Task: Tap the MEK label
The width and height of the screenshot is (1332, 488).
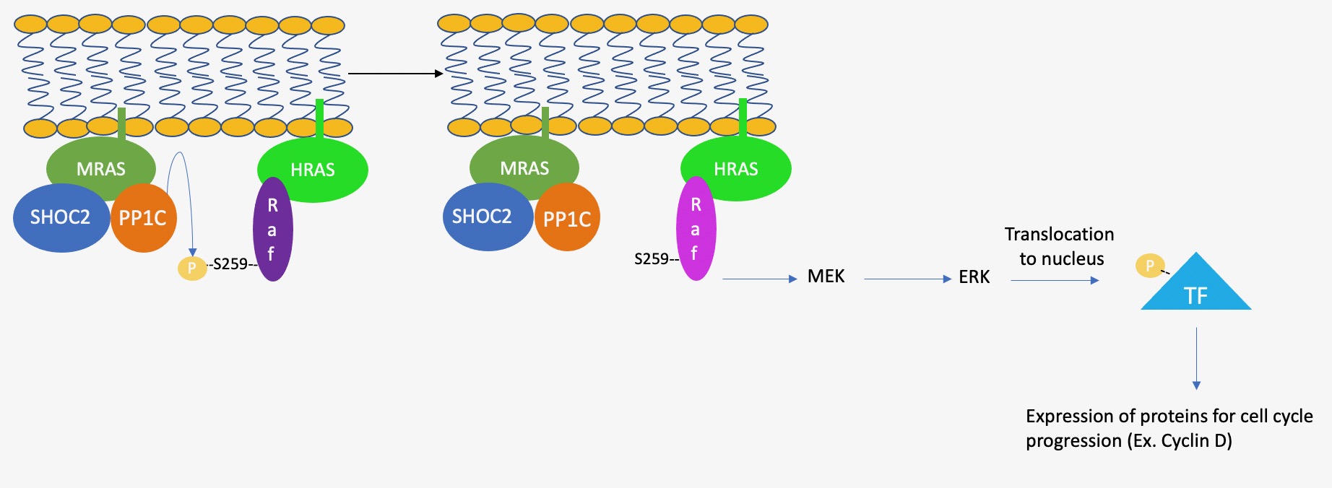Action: coord(826,276)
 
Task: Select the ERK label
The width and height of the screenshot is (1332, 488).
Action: coord(974,277)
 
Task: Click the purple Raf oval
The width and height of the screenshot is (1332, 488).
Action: coord(272,230)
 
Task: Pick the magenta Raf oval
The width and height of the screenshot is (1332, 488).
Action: coord(696,229)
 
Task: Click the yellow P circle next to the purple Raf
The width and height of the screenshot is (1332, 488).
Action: coord(192,268)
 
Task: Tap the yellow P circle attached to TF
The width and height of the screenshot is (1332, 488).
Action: coord(1149,266)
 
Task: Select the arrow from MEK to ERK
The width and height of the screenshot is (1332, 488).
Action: coord(907,279)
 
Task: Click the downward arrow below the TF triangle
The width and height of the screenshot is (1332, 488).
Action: coord(1196,358)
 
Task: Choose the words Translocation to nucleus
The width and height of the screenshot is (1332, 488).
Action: coord(1060,246)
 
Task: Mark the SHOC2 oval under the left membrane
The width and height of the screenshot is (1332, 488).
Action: coord(60,217)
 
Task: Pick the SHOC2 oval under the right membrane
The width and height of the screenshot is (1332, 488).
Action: coord(483,217)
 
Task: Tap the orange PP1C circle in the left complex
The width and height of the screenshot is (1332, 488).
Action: coord(144,218)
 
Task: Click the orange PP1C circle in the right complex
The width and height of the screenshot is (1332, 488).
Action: coord(568,219)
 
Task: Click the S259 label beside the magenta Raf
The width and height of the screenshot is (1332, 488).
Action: coord(653,259)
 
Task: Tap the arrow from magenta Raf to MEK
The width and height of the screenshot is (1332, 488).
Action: coord(759,279)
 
